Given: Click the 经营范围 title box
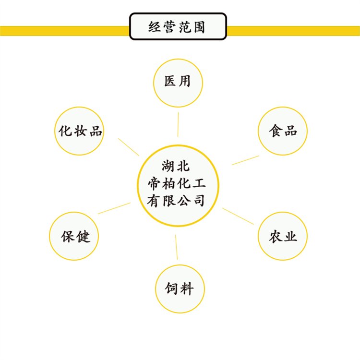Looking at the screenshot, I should coord(178,26).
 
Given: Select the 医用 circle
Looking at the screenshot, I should coord(178,81).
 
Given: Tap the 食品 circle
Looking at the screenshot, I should coord(283,131).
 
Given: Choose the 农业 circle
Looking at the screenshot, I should coord(283,236).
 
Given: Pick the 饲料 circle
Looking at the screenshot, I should coord(180,288).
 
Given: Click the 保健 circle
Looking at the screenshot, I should coord(74,236).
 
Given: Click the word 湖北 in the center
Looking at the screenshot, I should coord(176,168).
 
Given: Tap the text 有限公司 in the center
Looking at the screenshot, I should coord(176,200).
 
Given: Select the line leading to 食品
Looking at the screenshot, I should coord(245,160).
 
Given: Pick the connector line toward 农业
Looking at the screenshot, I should coord(238,216).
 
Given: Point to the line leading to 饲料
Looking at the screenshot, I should coord(176,248).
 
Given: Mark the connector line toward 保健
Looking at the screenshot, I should coord(114,208).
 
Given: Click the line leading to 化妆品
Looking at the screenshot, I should coord(129,147).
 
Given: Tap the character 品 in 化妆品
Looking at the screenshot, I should coord(96,131).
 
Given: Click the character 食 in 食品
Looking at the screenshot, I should coord(275,131).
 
